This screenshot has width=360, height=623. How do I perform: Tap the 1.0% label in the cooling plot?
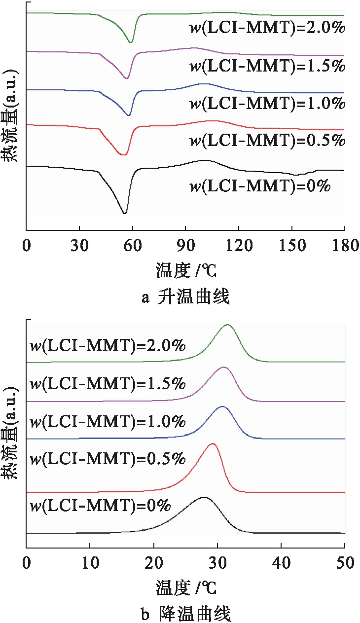[108, 422]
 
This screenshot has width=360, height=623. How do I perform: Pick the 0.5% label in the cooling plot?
[108, 459]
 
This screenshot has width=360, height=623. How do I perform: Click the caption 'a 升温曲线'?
[185, 297]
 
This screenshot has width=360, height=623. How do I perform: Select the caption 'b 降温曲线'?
[185, 614]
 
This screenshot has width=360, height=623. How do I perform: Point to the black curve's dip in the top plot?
[125, 213]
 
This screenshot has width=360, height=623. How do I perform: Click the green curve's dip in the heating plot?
[131, 42]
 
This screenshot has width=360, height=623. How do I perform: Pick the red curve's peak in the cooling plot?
[213, 444]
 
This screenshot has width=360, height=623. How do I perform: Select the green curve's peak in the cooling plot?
[227, 325]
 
